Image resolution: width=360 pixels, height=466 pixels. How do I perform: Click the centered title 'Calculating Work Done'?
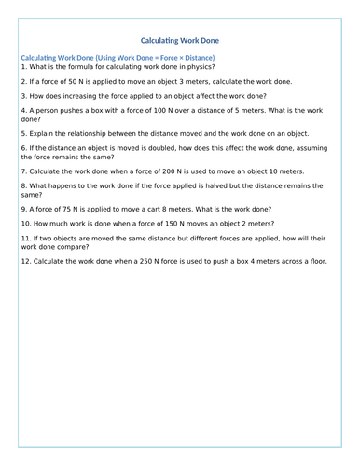(x=180, y=41)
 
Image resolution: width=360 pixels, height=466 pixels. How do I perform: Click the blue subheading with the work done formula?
(x=118, y=58)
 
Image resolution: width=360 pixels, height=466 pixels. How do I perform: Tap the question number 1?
(x=23, y=67)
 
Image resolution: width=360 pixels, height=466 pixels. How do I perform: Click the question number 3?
(x=23, y=96)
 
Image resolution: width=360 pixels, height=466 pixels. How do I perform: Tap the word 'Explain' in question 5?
(x=44, y=134)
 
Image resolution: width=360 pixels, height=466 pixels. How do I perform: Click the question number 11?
(x=25, y=240)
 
